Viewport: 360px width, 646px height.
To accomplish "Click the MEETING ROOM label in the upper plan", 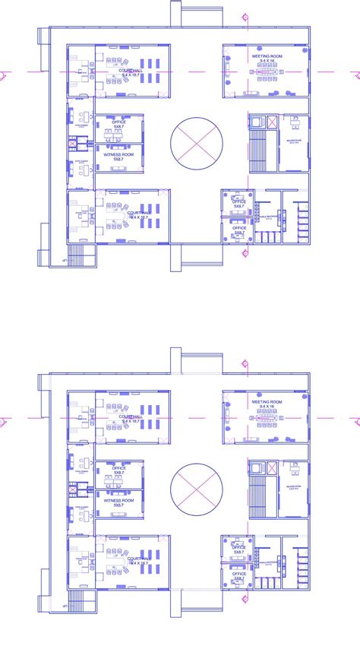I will pyautogui.click(x=267, y=55).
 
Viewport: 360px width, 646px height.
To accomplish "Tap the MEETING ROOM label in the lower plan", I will pyautogui.click(x=267, y=401).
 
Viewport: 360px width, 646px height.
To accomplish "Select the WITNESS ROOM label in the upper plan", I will pyautogui.click(x=118, y=154).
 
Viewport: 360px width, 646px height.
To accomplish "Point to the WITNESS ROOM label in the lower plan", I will pyautogui.click(x=118, y=501).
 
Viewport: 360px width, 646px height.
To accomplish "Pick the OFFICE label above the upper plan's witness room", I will pyautogui.click(x=118, y=122).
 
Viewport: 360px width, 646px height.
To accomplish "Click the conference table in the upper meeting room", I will pyautogui.click(x=267, y=71).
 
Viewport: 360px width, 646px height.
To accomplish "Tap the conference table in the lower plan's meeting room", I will pyautogui.click(x=267, y=417).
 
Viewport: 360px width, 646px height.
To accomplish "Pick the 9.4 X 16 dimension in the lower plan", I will pyautogui.click(x=267, y=408).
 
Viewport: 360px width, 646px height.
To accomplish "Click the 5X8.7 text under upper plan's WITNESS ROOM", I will pyautogui.click(x=118, y=160).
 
